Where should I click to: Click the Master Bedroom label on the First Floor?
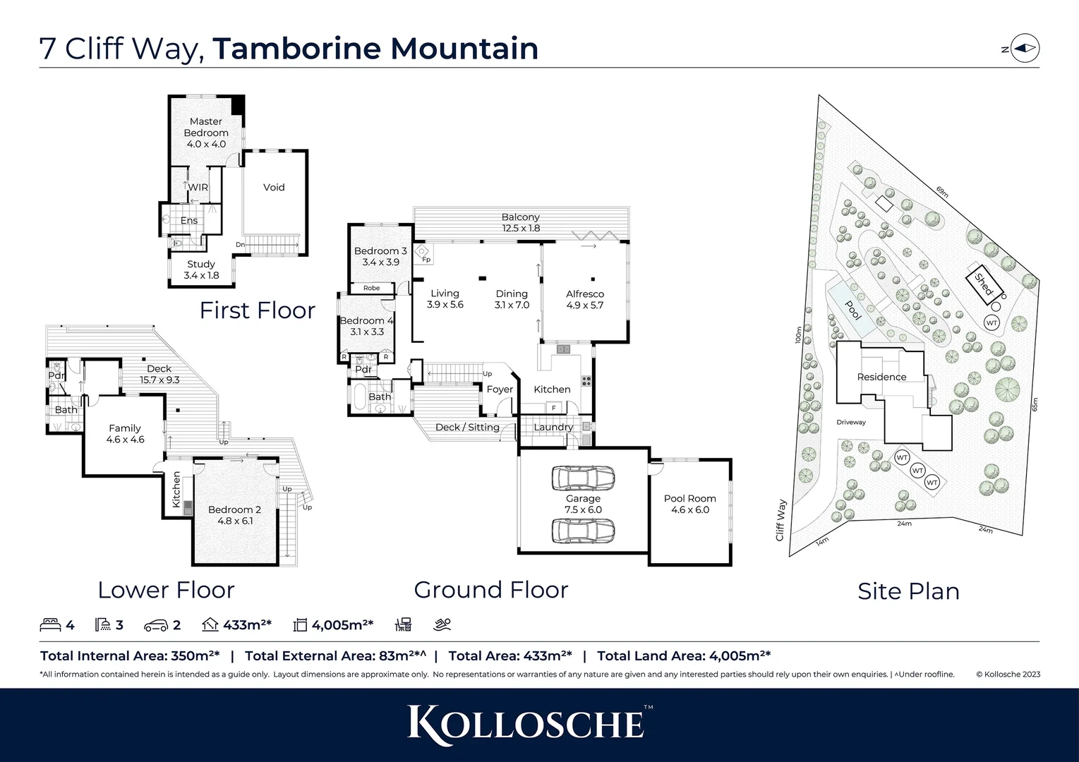tap(206, 133)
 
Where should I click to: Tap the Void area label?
tap(274, 188)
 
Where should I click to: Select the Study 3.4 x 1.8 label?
tap(201, 270)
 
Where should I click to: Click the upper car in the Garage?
tap(582, 478)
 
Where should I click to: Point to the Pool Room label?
tap(689, 504)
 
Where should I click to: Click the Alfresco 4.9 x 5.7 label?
tap(585, 299)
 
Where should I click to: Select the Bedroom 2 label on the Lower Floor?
tap(234, 515)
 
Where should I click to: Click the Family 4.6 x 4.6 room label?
tap(125, 433)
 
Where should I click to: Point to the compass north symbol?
tap(1025, 49)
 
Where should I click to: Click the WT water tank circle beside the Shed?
tap(991, 322)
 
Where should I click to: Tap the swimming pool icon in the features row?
tap(442, 625)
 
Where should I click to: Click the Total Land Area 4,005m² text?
tap(683, 656)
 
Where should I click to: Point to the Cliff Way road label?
tap(780, 521)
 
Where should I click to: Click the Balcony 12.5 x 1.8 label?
tap(521, 222)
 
